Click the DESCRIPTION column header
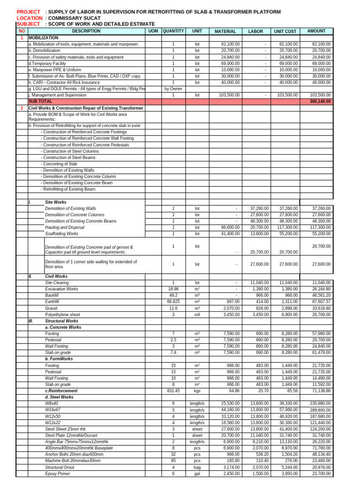[x=86, y=31]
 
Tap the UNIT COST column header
[x=285, y=31]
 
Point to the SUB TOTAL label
[x=40, y=101]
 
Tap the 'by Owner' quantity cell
[x=173, y=89]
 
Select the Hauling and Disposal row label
[x=65, y=227]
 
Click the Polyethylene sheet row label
[x=62, y=315]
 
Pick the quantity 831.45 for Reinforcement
[x=173, y=390]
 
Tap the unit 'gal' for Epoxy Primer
[x=197, y=474]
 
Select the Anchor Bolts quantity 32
[x=173, y=455]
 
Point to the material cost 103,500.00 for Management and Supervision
[x=230, y=95]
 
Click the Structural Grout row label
[x=60, y=467]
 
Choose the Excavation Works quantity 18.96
[x=173, y=289]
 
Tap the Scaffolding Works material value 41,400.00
[x=230, y=233]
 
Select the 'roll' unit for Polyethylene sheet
[x=197, y=315]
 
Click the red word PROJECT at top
[x=29, y=12]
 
